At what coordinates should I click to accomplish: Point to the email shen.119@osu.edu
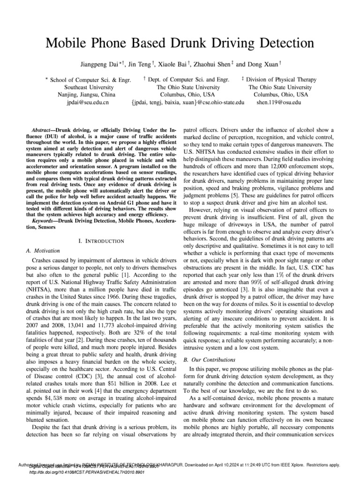click(x=282, y=101)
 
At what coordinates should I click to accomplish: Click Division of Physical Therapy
click(x=281, y=80)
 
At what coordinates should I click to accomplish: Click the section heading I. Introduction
click(x=101, y=241)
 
